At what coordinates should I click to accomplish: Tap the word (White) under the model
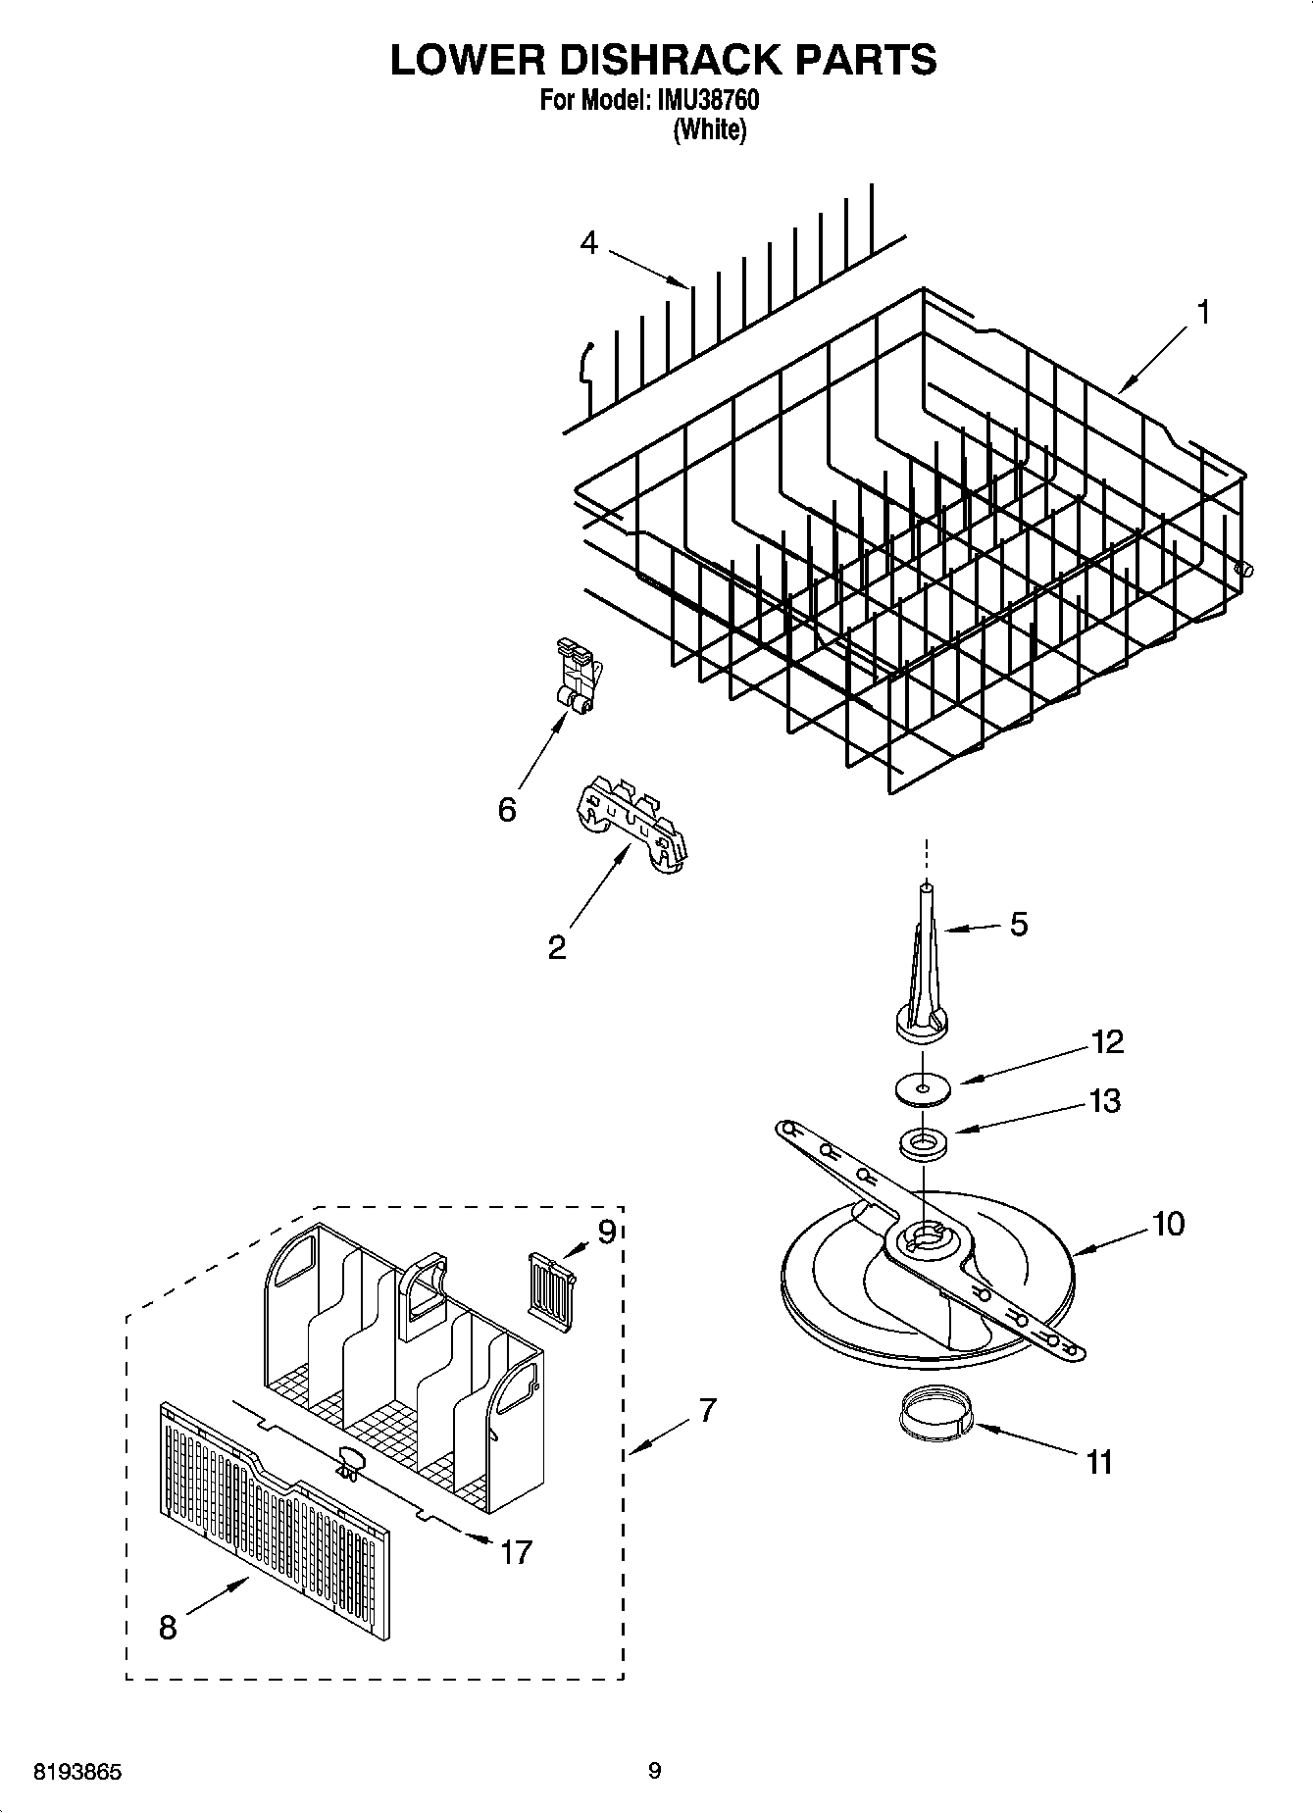click(x=709, y=130)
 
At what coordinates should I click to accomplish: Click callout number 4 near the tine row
click(x=588, y=242)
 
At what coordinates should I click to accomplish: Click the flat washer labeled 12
click(x=923, y=1087)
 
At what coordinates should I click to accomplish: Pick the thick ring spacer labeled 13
click(x=922, y=1142)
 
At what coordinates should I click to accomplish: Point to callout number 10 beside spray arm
click(x=1168, y=1224)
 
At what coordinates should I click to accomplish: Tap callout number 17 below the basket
click(x=516, y=1552)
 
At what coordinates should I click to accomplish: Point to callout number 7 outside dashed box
click(x=708, y=1411)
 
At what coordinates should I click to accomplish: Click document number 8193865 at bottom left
click(x=78, y=1772)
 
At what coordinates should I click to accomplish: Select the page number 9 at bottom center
click(x=655, y=1771)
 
